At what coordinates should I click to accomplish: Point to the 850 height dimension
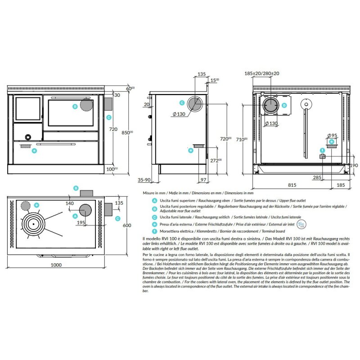coord(128,133)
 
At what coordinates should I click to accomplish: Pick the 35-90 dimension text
coord(144,180)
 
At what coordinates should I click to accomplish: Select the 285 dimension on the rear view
coord(317,177)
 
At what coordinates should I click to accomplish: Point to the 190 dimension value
coord(354,166)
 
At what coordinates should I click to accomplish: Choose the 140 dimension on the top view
coord(69,203)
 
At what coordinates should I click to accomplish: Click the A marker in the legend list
coord(155,199)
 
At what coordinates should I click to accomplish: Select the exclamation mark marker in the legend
coord(155,230)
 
